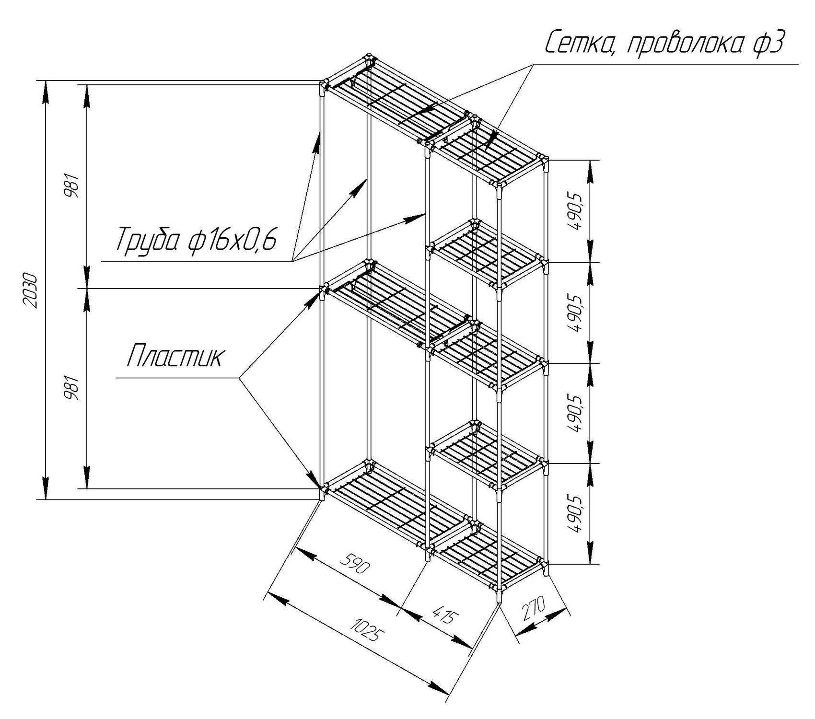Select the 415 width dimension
click(x=442, y=615)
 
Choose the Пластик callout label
click(x=175, y=356)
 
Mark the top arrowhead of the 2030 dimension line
click(x=46, y=91)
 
